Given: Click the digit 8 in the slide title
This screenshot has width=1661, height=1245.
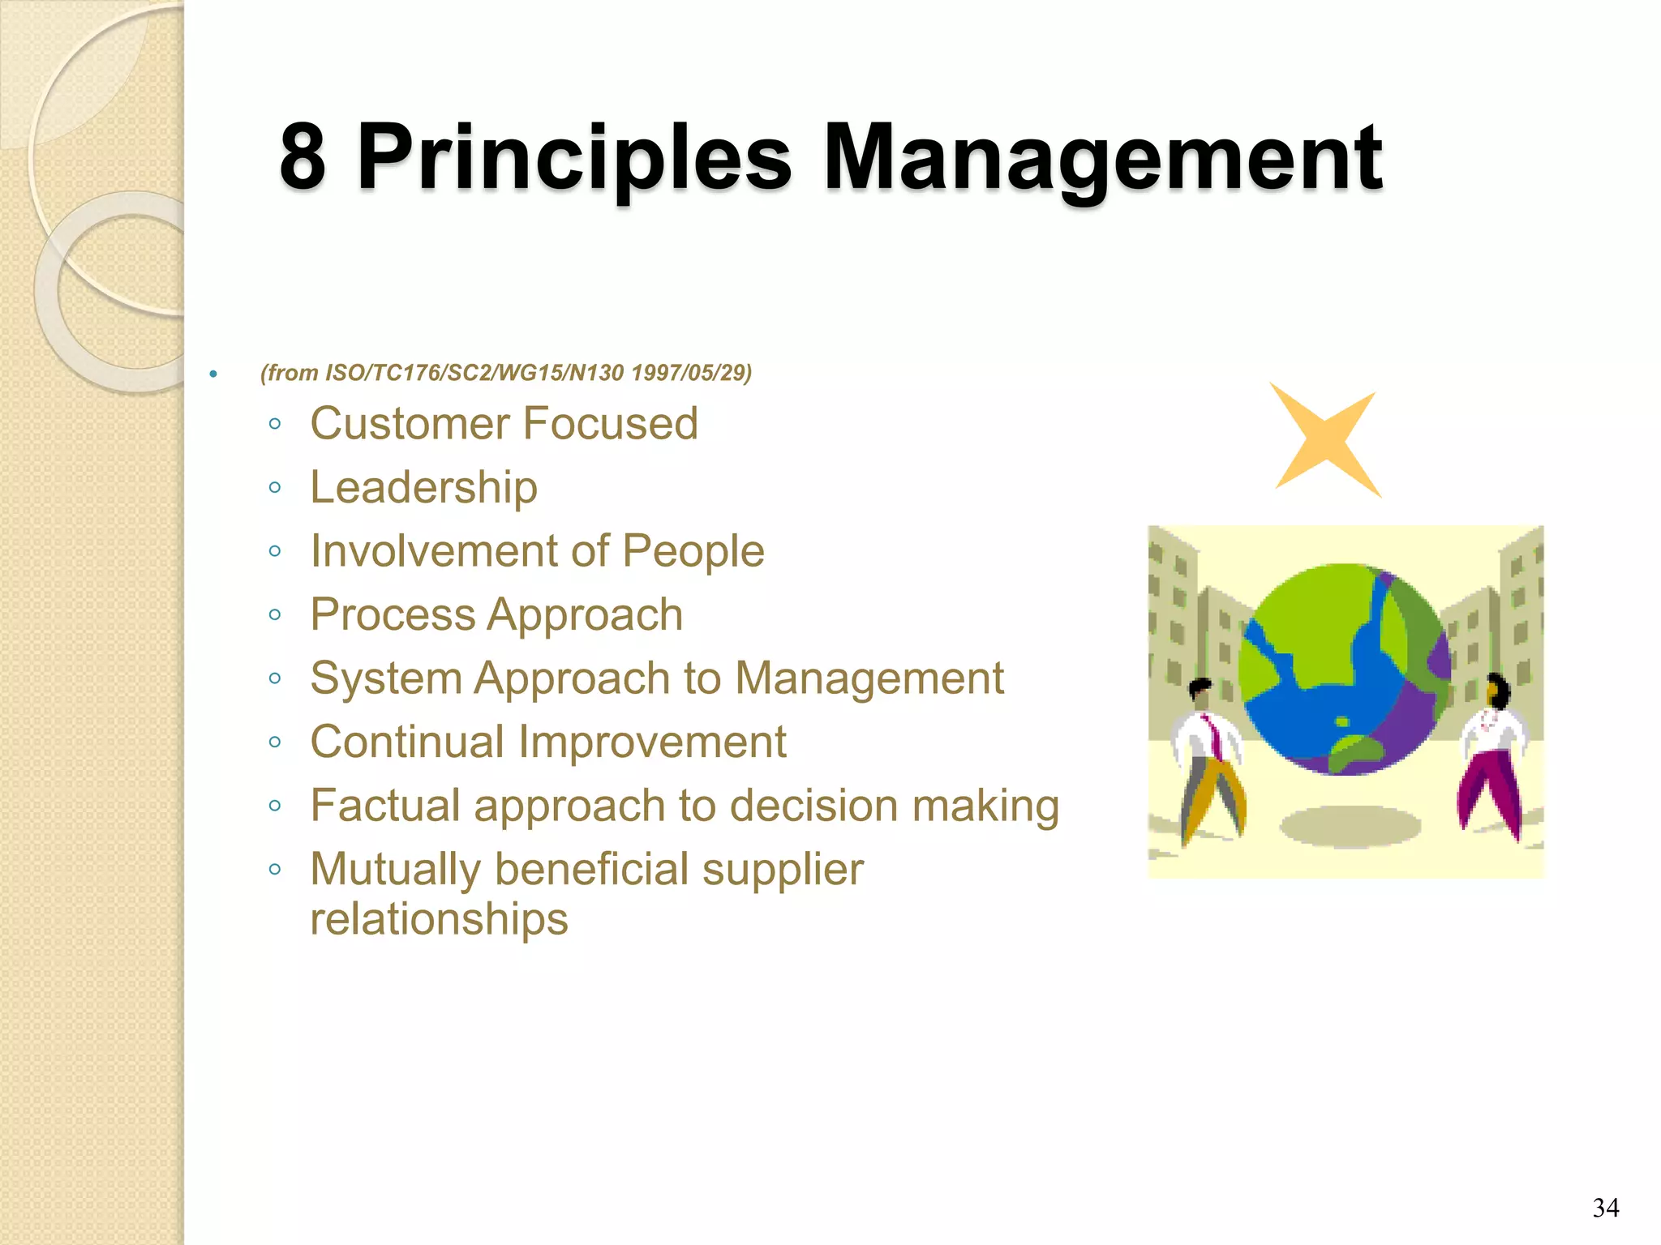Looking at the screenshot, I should point(303,157).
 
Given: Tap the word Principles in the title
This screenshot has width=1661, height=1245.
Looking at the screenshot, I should point(573,157).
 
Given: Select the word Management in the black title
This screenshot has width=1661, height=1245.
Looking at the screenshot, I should point(1102,157).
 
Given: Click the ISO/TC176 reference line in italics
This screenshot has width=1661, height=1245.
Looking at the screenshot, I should point(506,373).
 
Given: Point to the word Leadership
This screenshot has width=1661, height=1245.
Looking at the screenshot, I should point(424,488).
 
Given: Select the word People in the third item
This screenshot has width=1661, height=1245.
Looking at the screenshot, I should point(693,551).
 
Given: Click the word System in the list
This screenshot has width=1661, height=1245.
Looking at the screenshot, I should point(384,678).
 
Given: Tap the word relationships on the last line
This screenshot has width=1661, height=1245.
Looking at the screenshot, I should point(439,919).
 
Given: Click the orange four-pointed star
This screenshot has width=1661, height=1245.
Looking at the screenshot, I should point(1324,441).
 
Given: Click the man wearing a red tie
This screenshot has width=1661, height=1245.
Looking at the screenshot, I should point(1208,758).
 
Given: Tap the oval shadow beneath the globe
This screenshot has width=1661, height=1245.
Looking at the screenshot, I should point(1350,827).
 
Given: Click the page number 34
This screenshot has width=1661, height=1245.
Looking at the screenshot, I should point(1606,1208).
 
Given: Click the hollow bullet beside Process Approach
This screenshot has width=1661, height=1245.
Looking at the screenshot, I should point(275,615).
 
